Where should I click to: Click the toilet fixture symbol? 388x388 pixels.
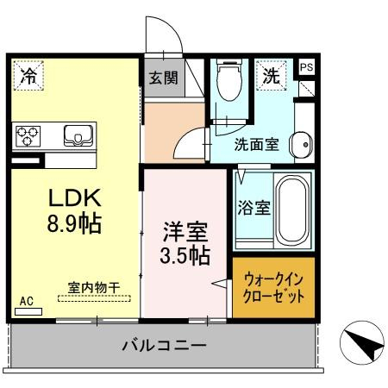click(x=229, y=79)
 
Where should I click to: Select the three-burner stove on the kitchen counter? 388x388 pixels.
click(x=28, y=136)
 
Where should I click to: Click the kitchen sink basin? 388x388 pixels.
click(x=78, y=135)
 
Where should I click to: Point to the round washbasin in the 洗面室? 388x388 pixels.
click(x=302, y=145)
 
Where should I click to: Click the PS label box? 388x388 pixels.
click(x=306, y=67)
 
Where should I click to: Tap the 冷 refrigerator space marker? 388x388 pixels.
click(x=28, y=75)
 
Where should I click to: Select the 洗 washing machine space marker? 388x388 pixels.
click(x=272, y=75)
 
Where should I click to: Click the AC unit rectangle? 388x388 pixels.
click(x=28, y=311)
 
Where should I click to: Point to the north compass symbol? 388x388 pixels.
click(x=362, y=343)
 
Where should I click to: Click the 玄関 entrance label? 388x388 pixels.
click(x=164, y=78)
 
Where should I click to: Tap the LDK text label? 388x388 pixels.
click(x=75, y=197)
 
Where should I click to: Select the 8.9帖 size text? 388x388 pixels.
click(x=74, y=223)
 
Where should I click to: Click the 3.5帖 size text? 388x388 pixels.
click(x=185, y=255)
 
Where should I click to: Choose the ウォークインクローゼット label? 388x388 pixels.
click(x=273, y=288)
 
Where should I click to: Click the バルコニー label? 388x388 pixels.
click(x=164, y=345)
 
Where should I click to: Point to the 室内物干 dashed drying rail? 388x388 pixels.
click(x=94, y=298)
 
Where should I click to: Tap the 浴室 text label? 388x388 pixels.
click(x=254, y=208)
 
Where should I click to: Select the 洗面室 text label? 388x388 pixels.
click(x=256, y=144)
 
